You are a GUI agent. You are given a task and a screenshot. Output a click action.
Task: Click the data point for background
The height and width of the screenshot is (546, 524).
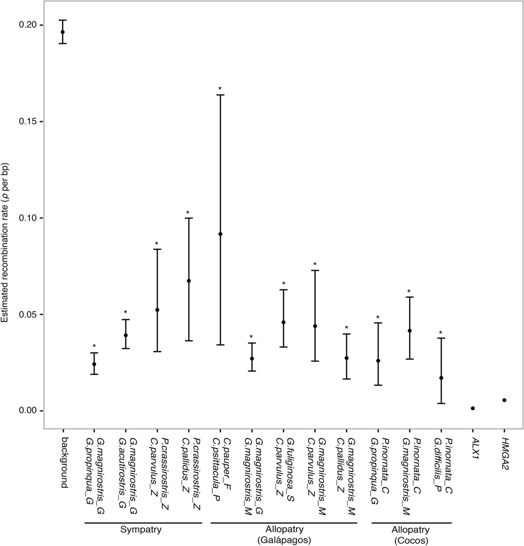[x=63, y=32]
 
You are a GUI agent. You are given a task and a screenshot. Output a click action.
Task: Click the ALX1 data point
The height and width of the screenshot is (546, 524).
[x=473, y=408]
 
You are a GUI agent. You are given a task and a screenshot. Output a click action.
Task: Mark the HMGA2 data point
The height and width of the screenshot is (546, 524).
[x=504, y=400]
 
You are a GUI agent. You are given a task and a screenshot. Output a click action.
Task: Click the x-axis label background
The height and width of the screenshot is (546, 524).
[x=63, y=463]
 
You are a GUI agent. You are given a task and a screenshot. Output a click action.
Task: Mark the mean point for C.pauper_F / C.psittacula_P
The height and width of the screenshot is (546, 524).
[x=220, y=234]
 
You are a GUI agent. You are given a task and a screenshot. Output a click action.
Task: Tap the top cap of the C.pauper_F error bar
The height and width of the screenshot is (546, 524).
[x=220, y=95]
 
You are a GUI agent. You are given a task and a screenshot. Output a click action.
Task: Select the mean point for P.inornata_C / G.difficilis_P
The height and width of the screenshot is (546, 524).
[x=441, y=378]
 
